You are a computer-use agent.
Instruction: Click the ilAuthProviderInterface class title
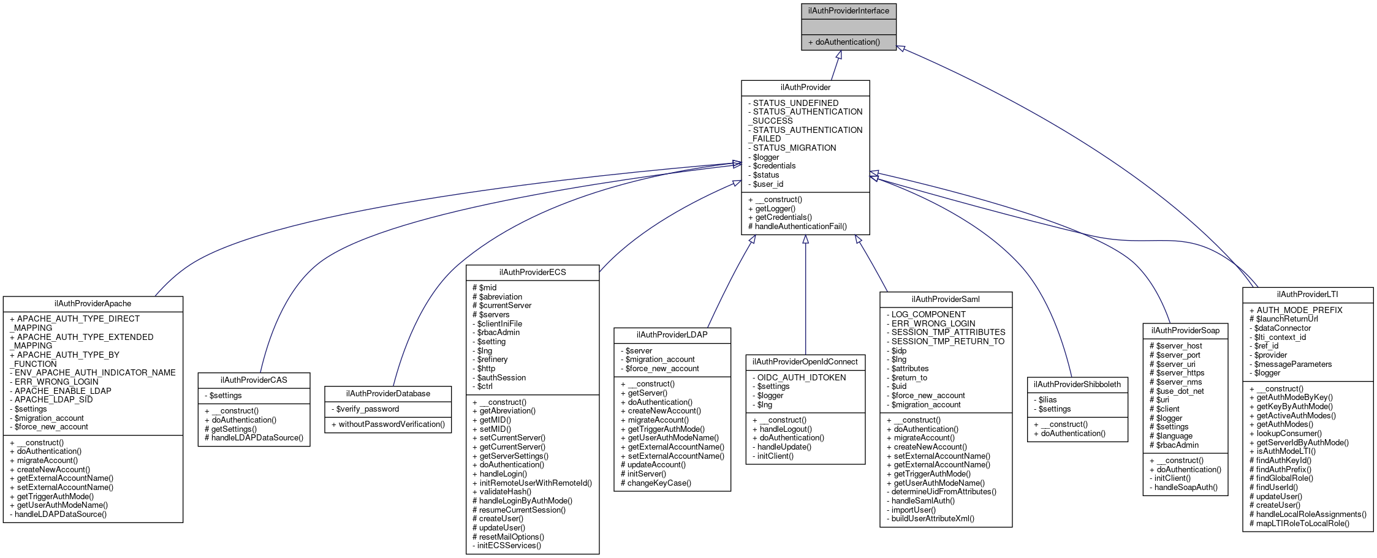pos(848,10)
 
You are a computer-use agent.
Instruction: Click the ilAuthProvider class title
pos(805,88)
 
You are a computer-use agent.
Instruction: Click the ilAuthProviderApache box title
pos(93,304)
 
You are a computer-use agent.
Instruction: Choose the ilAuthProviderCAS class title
pos(254,380)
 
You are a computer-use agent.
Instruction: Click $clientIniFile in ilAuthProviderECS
pos(499,324)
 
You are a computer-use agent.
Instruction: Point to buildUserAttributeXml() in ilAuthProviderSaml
pos(933,519)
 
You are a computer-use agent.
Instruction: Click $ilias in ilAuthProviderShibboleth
pos(1047,400)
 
